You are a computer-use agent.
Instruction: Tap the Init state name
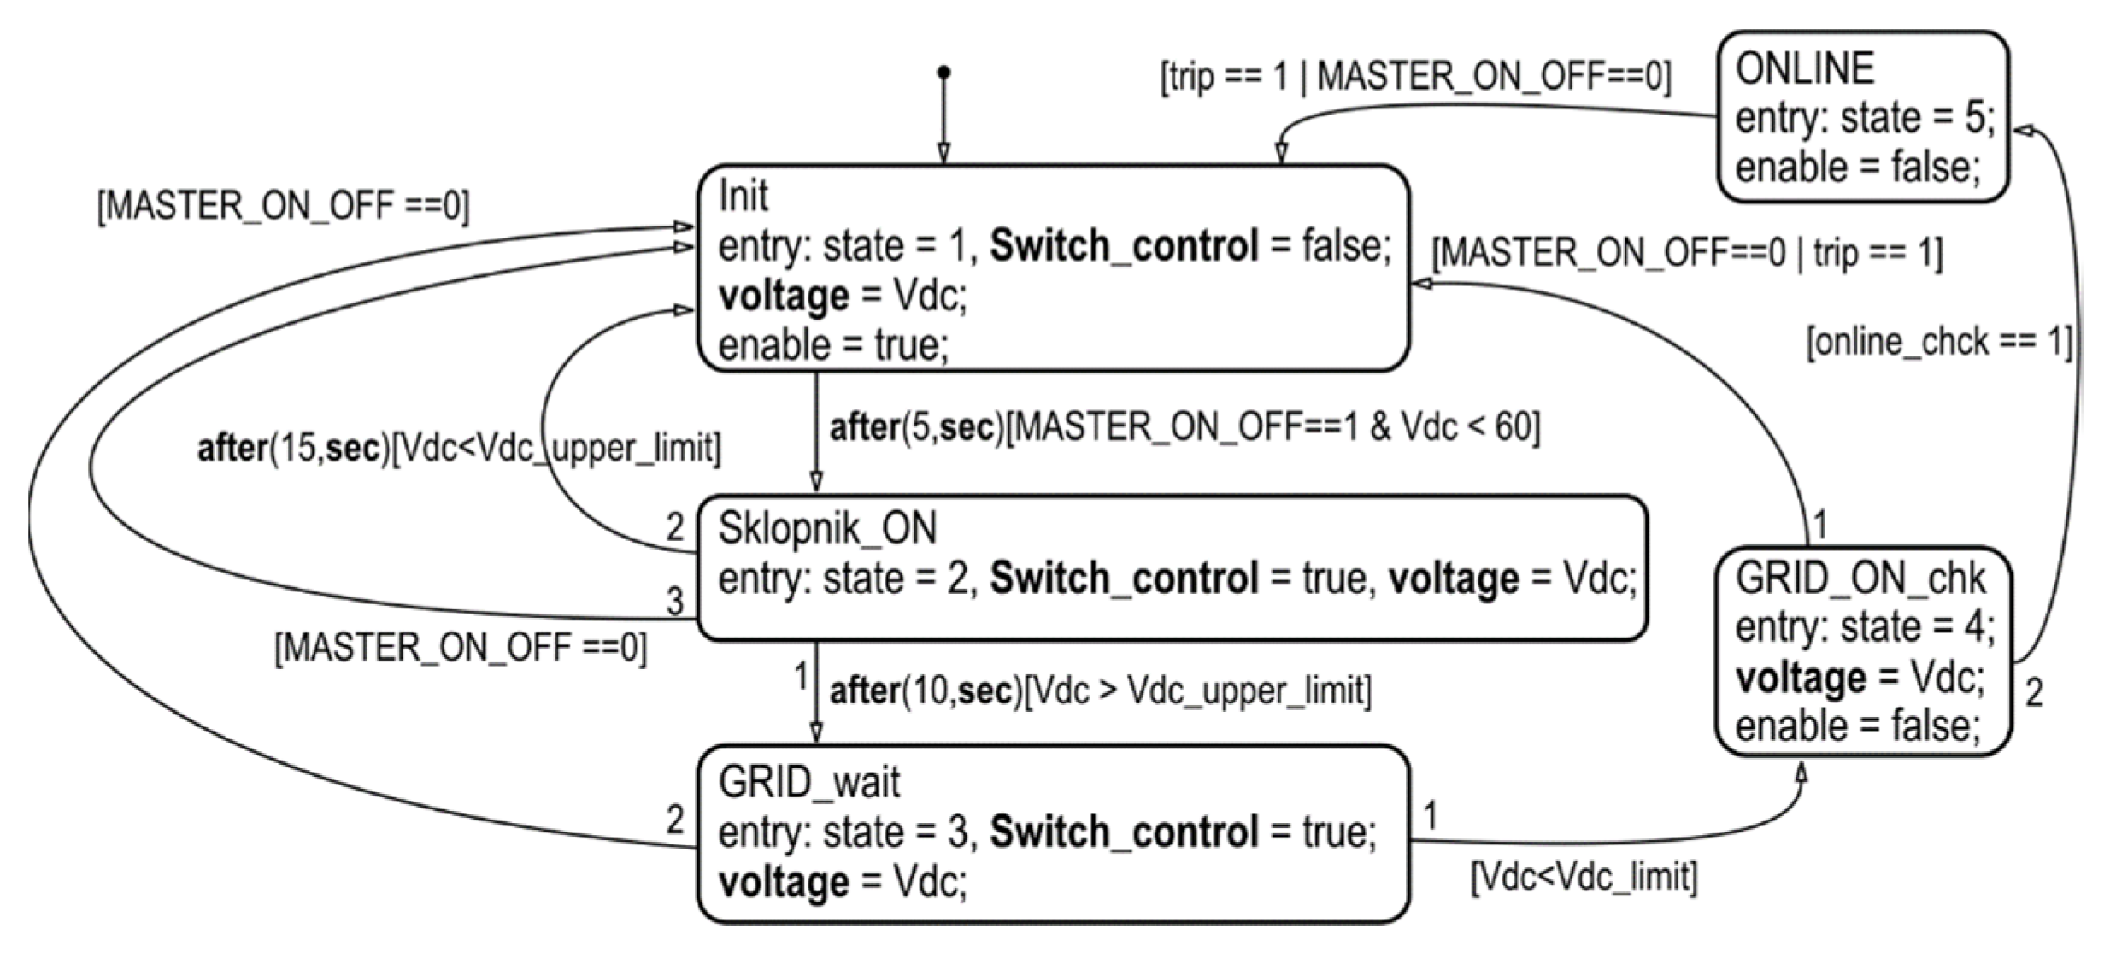click(743, 197)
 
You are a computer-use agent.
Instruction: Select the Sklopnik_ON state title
click(826, 528)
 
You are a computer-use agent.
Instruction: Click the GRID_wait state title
click(808, 782)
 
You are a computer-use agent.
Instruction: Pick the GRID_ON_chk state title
click(1860, 579)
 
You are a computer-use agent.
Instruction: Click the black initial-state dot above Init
click(943, 73)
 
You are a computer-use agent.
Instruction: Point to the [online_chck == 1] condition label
click(1938, 342)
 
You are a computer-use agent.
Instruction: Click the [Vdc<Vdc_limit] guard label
click(1584, 877)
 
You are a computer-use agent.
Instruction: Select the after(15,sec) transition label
click(459, 448)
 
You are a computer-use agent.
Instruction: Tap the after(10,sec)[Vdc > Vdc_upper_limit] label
click(1100, 691)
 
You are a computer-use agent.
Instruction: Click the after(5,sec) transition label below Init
click(1184, 426)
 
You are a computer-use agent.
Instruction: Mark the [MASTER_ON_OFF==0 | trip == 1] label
click(1686, 254)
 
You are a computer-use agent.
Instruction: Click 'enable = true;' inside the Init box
click(833, 346)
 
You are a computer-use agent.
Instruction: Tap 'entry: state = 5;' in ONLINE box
click(1864, 118)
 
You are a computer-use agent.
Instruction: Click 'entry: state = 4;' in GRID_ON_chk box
click(1864, 627)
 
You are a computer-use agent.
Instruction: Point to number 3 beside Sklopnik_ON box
click(675, 602)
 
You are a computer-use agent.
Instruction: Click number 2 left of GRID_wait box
click(675, 820)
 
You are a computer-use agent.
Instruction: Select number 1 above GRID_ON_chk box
click(1819, 524)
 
